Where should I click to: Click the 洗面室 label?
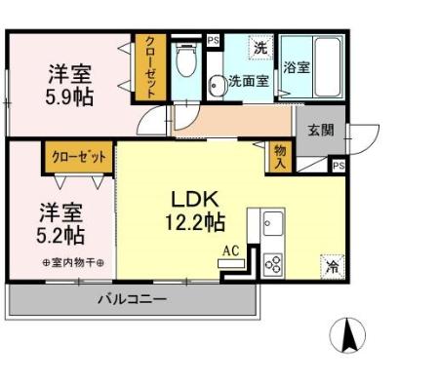point(249,82)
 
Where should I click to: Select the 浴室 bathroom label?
point(299,68)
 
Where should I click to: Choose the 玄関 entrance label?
point(320,131)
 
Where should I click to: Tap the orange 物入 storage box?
point(279,157)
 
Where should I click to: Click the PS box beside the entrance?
point(338,166)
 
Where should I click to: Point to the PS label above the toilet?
point(213,40)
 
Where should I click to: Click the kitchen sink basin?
point(271,224)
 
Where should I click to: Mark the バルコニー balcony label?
point(130,298)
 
